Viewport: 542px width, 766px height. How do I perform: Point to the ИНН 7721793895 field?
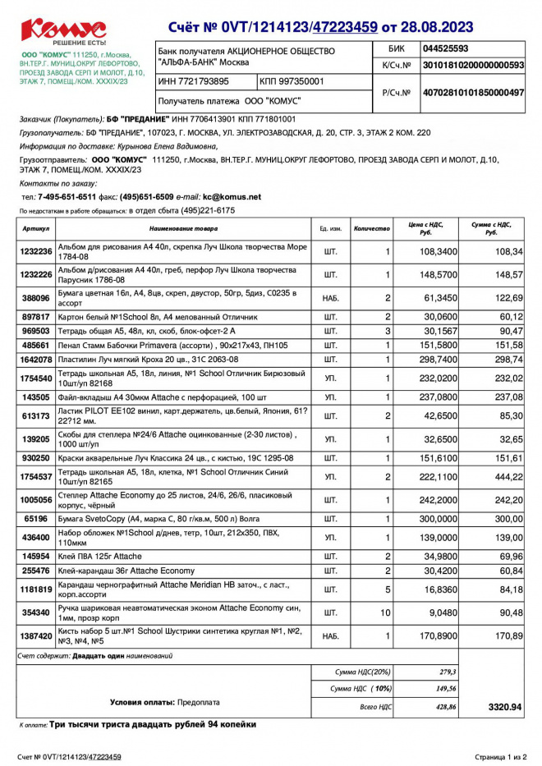194,81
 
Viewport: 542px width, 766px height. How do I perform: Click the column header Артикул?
36,228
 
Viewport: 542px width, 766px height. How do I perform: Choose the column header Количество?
371,228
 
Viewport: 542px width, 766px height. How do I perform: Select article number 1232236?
36,251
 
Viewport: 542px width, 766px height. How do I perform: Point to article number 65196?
36,519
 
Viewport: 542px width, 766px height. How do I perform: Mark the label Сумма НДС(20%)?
361,672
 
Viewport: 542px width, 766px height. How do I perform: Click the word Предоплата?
199,703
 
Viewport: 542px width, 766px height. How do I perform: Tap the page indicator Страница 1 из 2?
499,756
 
